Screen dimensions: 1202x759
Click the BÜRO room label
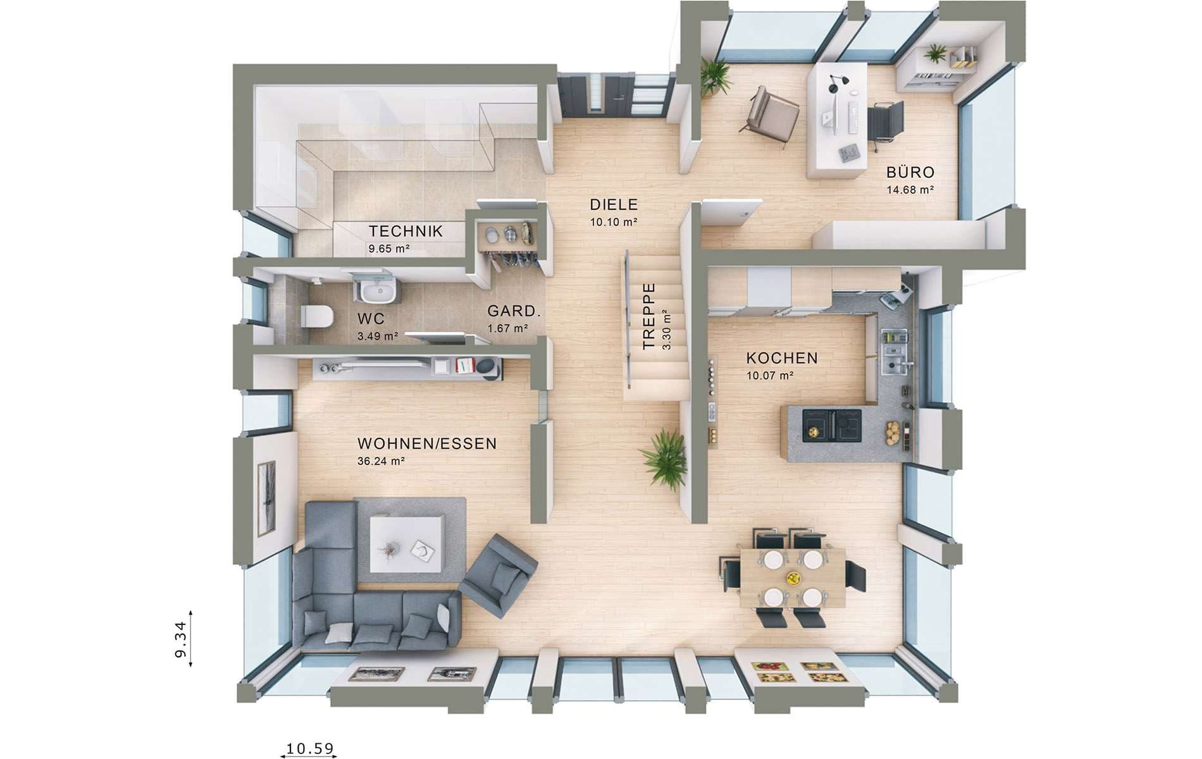pyautogui.click(x=910, y=172)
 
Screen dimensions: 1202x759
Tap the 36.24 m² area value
pyautogui.click(x=381, y=461)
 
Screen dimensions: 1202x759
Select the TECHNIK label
pyautogui.click(x=406, y=231)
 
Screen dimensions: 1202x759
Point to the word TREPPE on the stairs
pyautogui.click(x=649, y=316)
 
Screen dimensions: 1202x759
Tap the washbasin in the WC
pyautogui.click(x=378, y=292)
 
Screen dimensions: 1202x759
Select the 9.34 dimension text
pyautogui.click(x=181, y=639)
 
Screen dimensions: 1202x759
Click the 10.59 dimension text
pyautogui.click(x=309, y=748)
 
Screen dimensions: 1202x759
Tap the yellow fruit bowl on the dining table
pyautogui.click(x=793, y=577)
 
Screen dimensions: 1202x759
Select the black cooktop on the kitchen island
pyautogui.click(x=832, y=424)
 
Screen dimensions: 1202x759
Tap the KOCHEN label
pyautogui.click(x=783, y=358)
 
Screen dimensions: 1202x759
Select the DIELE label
pyautogui.click(x=614, y=204)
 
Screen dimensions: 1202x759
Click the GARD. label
pyautogui.click(x=514, y=311)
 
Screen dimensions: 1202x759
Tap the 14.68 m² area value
pyautogui.click(x=910, y=189)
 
